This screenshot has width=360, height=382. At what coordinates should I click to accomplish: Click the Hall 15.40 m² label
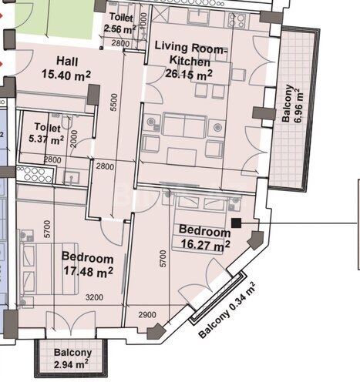(66, 68)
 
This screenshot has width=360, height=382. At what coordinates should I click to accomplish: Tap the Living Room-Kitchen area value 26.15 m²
(189, 74)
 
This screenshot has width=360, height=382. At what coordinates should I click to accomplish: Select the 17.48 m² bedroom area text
(88, 271)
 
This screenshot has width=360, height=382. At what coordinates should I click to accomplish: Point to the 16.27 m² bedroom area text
(206, 244)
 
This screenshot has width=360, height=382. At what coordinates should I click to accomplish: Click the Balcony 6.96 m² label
(292, 104)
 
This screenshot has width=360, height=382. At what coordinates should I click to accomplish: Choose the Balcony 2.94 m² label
(72, 358)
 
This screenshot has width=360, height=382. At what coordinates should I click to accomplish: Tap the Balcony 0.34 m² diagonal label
(227, 310)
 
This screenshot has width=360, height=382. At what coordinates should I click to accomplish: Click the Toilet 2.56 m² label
(120, 23)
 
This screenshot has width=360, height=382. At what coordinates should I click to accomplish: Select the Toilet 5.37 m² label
(47, 133)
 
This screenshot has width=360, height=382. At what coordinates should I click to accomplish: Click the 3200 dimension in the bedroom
(94, 297)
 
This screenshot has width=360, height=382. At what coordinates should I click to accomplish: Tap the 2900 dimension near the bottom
(147, 315)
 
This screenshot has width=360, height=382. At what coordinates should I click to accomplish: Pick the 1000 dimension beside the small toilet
(144, 21)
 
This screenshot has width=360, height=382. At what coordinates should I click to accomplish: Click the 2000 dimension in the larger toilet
(74, 139)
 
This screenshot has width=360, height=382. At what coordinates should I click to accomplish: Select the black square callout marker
(236, 223)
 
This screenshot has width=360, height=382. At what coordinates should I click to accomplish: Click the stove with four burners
(238, 20)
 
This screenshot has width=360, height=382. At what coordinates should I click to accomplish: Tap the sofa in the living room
(185, 125)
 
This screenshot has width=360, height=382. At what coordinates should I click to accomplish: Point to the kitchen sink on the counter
(199, 17)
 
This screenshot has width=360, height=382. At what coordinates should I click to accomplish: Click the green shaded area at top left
(53, 19)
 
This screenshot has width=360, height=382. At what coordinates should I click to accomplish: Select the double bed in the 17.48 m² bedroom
(49, 269)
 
